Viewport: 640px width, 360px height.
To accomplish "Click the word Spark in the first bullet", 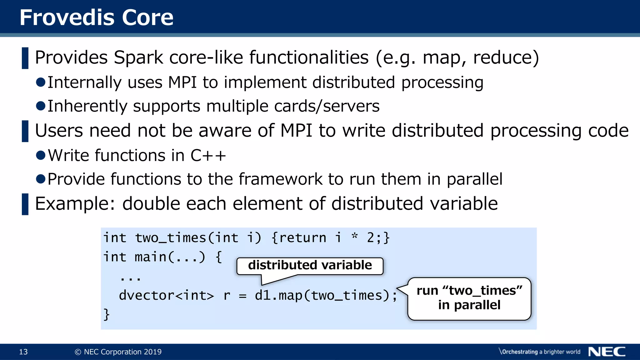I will point(138,58).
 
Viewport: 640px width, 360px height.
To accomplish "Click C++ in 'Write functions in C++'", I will point(208,156).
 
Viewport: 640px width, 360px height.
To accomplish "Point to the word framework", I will point(280,179).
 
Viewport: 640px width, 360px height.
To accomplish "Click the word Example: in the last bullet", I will point(75,204).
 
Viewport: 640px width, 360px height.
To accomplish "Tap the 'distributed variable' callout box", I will point(310,266).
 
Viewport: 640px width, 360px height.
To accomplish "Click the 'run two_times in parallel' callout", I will point(469,298).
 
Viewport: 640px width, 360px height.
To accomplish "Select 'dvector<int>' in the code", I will point(166,296).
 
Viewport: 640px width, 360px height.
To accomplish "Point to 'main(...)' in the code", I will point(170,257).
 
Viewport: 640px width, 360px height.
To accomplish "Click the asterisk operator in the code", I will point(354,237).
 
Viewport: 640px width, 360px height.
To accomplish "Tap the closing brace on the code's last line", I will point(107,314).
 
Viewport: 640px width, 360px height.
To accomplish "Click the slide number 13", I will point(23,352).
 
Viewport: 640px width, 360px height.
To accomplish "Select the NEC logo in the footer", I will point(607,352).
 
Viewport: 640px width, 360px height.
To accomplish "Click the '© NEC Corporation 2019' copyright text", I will point(118,352).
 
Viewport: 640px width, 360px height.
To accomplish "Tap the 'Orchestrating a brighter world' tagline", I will point(539,352).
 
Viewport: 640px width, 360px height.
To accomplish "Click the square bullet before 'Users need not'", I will point(25,131).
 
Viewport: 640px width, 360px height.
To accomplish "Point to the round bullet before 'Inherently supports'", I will point(41,106).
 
